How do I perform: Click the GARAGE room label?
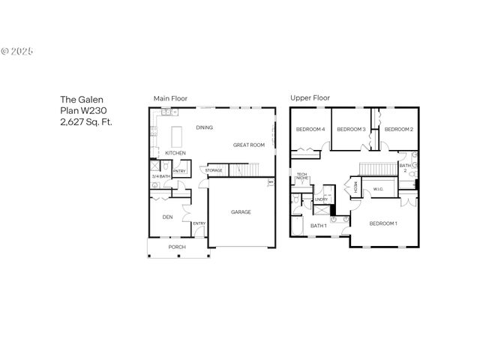coord(241,212)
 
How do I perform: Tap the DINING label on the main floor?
coord(204,127)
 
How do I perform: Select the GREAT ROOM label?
coord(248,145)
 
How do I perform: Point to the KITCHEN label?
coord(175,153)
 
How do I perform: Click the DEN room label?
coord(168,217)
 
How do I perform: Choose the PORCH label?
coord(177,247)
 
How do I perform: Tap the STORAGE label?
coord(214,171)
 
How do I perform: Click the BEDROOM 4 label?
coord(310,130)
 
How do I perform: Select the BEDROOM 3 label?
coord(351,130)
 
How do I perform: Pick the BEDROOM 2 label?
coord(399,130)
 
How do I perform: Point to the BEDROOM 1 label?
coord(383,223)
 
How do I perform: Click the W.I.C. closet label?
coord(378,189)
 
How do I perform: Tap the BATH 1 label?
coord(319,225)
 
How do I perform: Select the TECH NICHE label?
coord(302,178)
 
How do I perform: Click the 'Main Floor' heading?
coord(170,98)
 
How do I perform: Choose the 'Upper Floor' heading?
coord(310,98)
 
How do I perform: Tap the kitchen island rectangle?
coord(178,136)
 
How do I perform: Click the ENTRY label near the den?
coord(199,223)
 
